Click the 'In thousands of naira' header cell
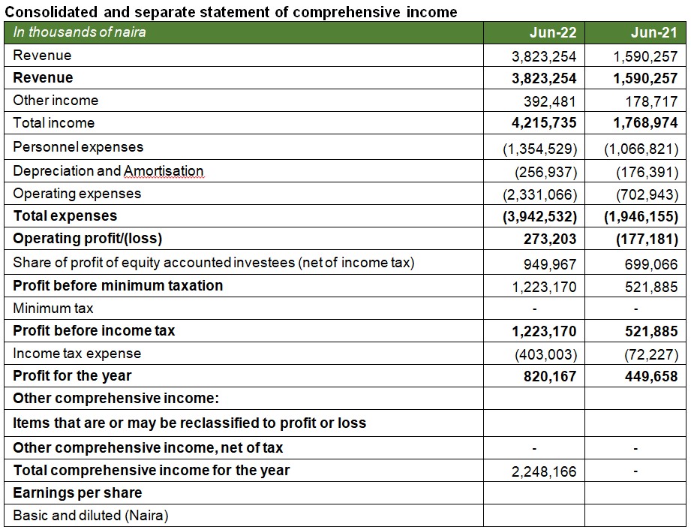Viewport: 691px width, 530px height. [80, 32]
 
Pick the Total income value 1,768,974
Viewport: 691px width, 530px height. [641, 123]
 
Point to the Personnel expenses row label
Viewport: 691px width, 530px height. [78, 147]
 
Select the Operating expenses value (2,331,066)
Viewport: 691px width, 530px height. [539, 194]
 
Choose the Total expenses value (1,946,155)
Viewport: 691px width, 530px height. [641, 217]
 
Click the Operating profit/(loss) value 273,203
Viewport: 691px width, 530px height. [550, 239]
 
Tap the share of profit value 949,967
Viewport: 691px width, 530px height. [551, 264]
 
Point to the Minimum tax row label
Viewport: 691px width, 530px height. [53, 309]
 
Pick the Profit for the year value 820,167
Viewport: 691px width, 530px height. [550, 376]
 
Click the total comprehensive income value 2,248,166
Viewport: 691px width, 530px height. [545, 472]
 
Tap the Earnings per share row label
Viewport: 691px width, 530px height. [77, 493]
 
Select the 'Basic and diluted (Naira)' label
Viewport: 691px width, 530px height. [91, 516]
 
